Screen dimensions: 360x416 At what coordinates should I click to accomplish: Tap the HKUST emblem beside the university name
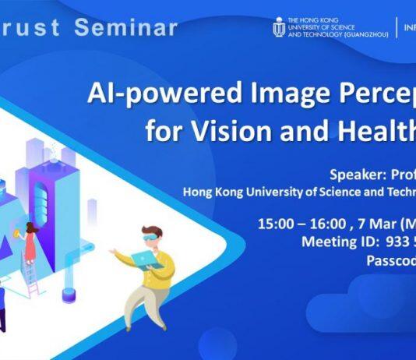click(x=278, y=27)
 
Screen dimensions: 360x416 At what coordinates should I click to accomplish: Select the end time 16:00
click(x=321, y=224)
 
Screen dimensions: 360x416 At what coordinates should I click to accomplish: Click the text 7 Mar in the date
click(x=367, y=224)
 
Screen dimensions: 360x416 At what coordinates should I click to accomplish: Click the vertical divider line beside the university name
click(x=397, y=27)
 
